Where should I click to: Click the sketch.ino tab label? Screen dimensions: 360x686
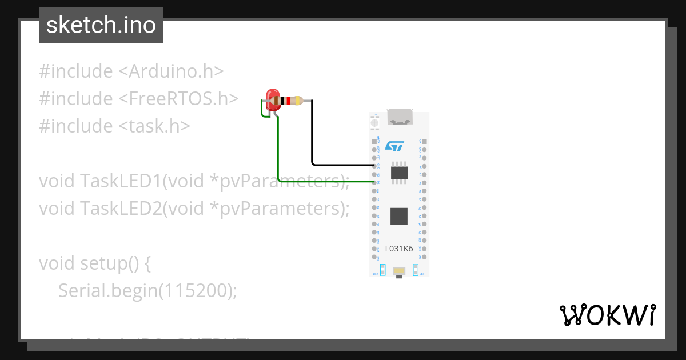[101, 25]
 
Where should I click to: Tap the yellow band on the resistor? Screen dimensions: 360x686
[298, 101]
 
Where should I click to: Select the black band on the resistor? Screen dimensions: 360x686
[284, 101]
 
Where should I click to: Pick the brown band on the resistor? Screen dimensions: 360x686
[280, 101]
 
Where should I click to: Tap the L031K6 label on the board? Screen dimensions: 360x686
[399, 249]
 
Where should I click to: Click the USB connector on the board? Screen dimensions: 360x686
[398, 117]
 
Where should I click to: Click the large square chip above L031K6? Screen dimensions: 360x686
[398, 216]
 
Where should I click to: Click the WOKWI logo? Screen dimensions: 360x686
[607, 315]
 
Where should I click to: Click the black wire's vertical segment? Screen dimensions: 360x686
[312, 131]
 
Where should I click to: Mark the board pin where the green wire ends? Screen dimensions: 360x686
[374, 182]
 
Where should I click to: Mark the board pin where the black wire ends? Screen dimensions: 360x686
[374, 166]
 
